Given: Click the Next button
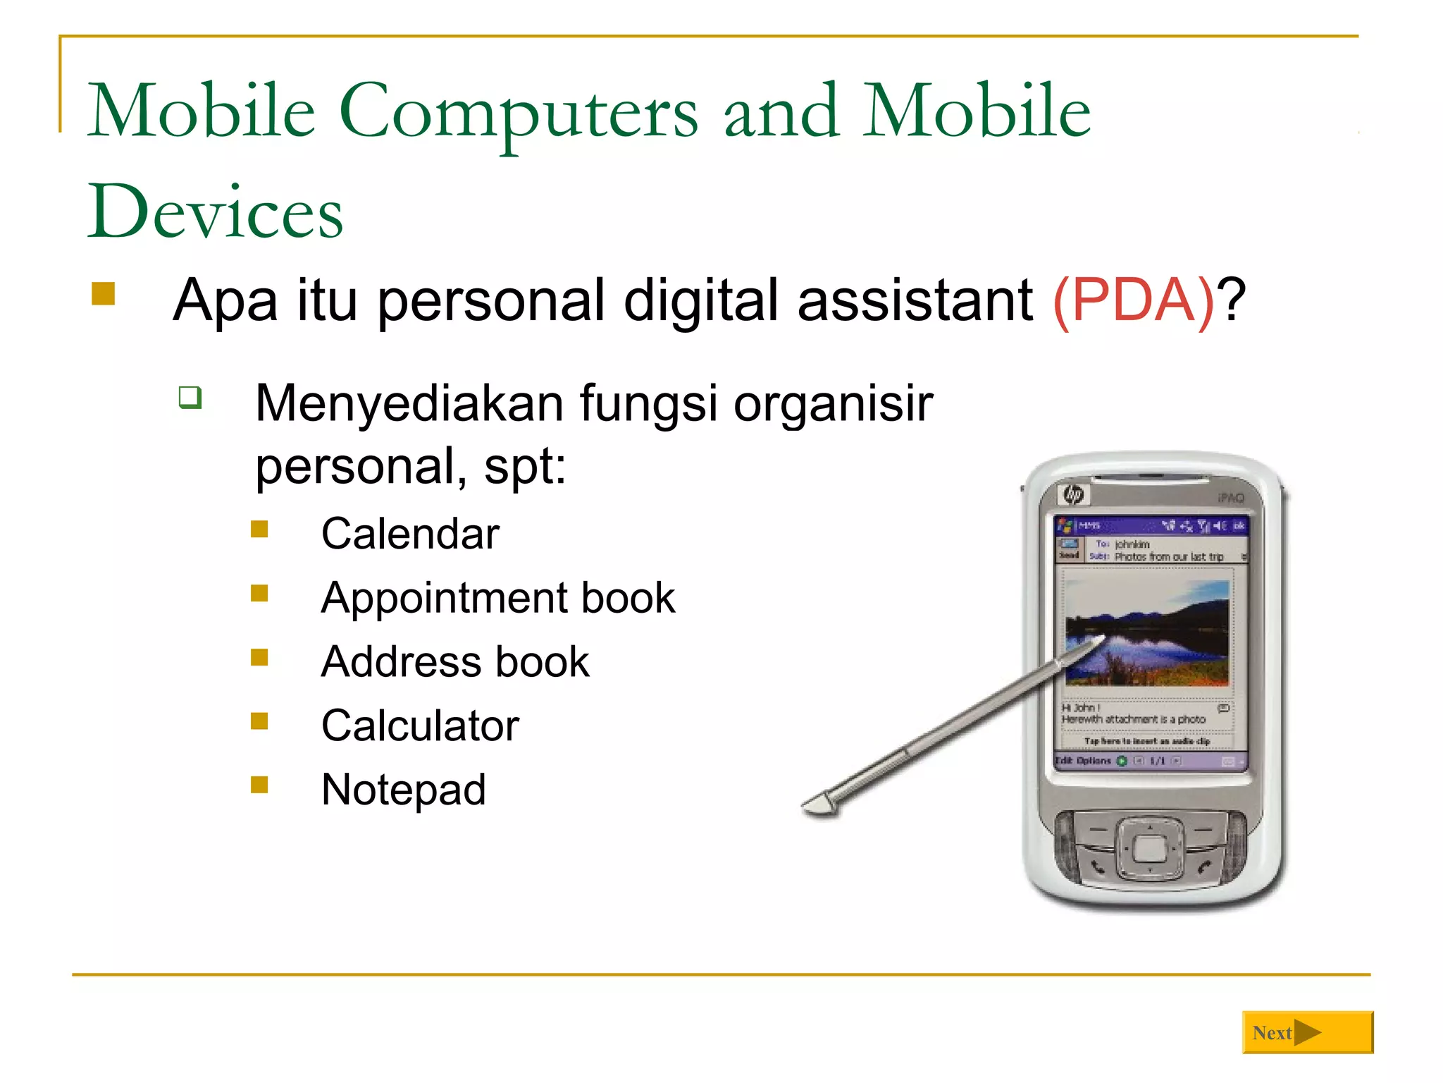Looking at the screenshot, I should pyautogui.click(x=1307, y=1032).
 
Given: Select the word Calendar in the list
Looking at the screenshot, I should pyautogui.click(x=410, y=534).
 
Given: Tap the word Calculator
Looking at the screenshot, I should pyautogui.click(x=420, y=726).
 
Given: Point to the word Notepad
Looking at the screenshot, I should pyautogui.click(x=403, y=790).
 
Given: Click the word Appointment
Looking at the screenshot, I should pyautogui.click(x=444, y=599).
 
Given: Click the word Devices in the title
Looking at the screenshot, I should pyautogui.click(x=215, y=212).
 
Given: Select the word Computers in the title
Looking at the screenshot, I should pyautogui.click(x=519, y=111).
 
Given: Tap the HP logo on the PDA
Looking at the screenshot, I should pyautogui.click(x=1074, y=494).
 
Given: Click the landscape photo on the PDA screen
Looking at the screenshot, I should pyautogui.click(x=1147, y=632).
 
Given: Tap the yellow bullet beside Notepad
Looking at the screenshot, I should pyautogui.click(x=259, y=785).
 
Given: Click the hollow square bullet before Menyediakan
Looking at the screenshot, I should pyautogui.click(x=190, y=397).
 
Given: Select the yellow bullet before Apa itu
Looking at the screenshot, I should pyautogui.click(x=104, y=294).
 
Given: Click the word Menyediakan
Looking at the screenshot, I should pyautogui.click(x=409, y=404).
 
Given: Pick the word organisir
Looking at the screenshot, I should pyautogui.click(x=833, y=404).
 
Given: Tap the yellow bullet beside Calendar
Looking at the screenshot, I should pyautogui.click(x=259, y=529).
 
